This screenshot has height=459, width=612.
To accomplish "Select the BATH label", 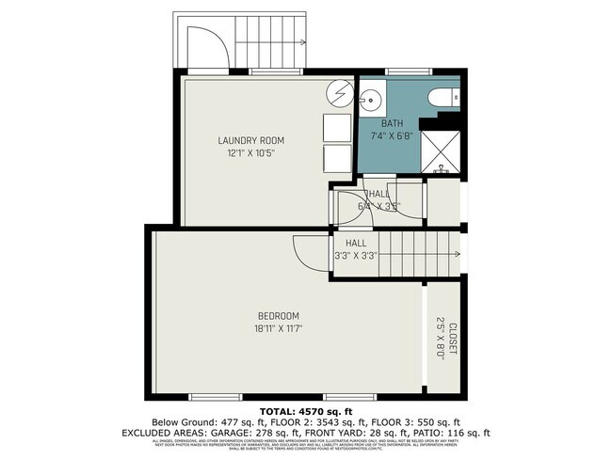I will coord(392,124).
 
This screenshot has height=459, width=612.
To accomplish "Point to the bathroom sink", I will coord(368,97).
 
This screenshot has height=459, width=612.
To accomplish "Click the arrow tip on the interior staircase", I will coord(460,254).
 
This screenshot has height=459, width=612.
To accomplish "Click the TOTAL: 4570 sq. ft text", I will coord(306,410).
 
